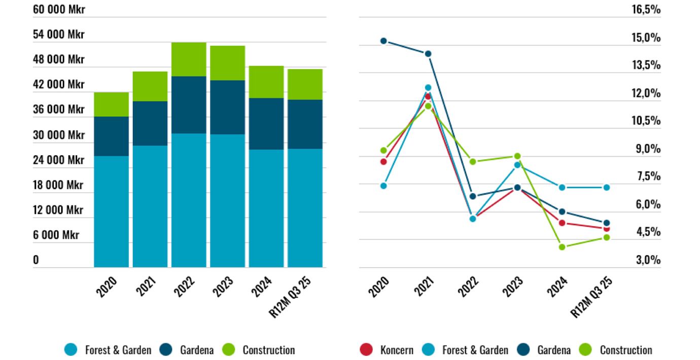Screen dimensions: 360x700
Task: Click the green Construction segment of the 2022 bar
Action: [189, 59]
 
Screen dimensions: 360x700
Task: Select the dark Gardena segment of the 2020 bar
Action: [111, 136]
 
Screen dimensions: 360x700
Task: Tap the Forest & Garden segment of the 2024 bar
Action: [266, 208]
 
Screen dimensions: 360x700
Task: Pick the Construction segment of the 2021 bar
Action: [150, 86]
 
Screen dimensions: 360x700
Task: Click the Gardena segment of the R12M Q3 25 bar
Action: [305, 124]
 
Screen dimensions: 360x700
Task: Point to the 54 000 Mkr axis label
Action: [59, 34]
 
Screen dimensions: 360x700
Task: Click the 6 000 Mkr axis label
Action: [56, 235]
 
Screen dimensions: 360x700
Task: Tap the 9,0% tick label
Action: [649, 149]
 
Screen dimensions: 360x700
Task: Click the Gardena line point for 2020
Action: [383, 41]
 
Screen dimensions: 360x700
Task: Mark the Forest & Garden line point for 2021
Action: [428, 88]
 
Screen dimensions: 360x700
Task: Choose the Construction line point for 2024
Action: [562, 247]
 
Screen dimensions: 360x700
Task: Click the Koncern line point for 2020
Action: [383, 162]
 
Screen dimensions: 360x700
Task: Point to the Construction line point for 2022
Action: [473, 162]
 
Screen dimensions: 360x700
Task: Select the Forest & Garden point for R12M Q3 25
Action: [607, 188]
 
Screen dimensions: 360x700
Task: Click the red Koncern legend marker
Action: [366, 350]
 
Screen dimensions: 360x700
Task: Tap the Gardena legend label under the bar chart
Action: [197, 350]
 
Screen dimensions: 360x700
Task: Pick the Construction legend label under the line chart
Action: [626, 350]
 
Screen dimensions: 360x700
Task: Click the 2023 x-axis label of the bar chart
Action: [223, 286]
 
